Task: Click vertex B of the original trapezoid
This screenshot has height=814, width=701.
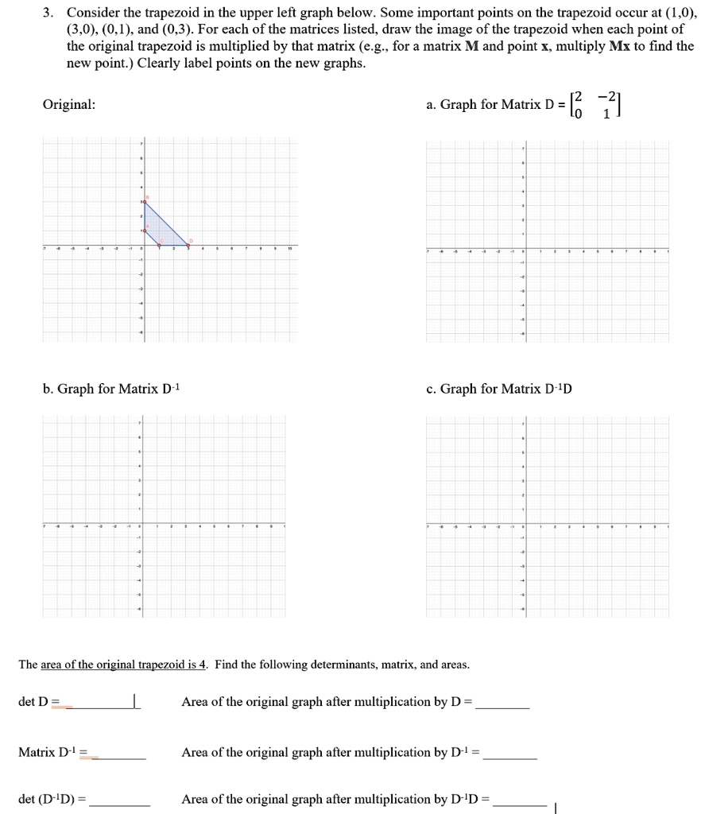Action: click(144, 202)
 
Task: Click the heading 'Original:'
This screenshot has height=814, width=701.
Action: click(69, 105)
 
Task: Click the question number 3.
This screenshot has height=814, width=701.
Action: click(48, 14)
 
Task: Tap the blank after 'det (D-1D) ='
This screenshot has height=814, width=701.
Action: click(120, 800)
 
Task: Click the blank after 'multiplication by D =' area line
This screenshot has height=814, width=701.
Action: click(502, 703)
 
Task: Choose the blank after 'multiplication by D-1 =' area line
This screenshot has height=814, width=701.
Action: click(510, 753)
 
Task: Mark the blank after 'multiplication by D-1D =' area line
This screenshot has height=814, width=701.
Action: click(520, 800)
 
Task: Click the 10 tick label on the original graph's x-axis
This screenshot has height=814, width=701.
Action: click(290, 249)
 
